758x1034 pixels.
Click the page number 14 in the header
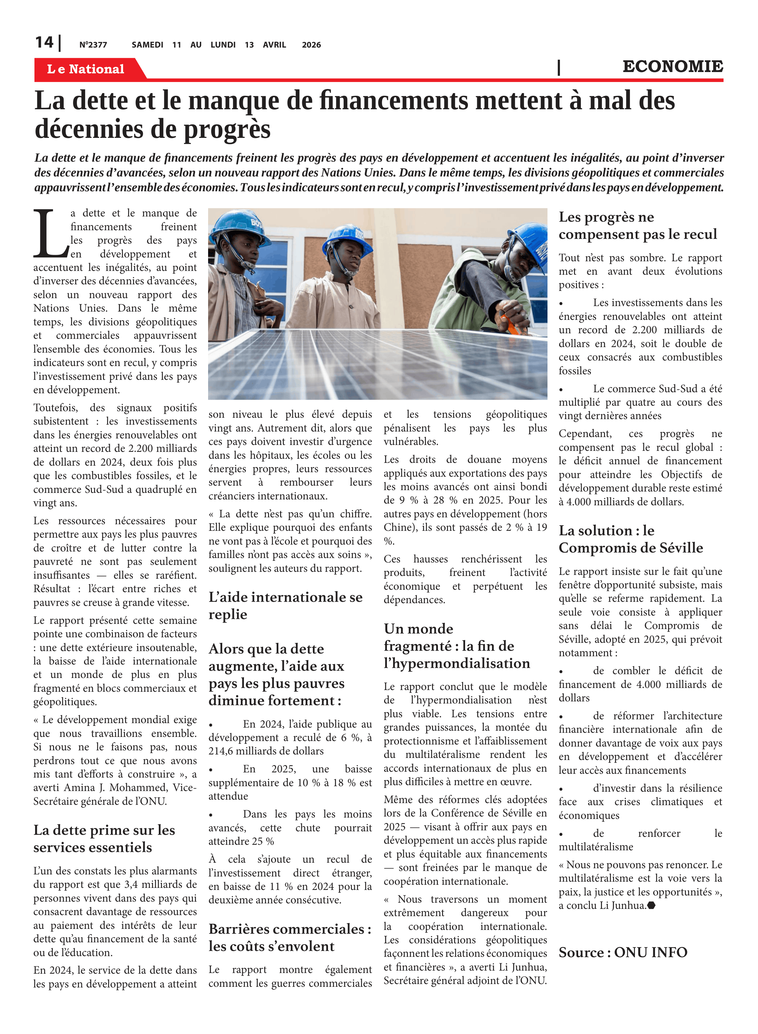click(44, 43)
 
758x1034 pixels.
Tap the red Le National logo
click(86, 69)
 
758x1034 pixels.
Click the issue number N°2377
click(93, 45)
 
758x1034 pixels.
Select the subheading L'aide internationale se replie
click(285, 605)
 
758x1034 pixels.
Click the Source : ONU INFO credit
click(623, 952)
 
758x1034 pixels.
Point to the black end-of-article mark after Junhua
click(651, 905)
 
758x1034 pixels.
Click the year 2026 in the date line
click(311, 45)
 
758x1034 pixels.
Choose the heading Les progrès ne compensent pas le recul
click(637, 225)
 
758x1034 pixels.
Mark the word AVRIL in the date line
click(274, 45)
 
